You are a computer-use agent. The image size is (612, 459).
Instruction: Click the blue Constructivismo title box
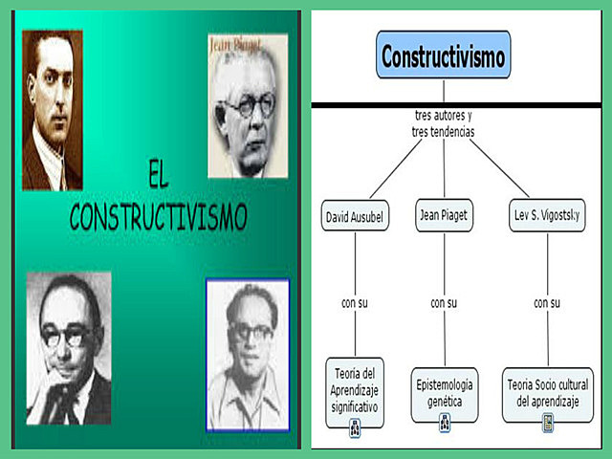point(443,55)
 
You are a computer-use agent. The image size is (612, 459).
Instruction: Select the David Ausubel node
point(355,216)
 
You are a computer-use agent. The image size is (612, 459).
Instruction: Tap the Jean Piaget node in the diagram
point(443,215)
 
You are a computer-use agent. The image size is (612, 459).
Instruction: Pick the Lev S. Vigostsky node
point(546,216)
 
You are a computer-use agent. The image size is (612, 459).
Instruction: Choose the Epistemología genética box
point(445,393)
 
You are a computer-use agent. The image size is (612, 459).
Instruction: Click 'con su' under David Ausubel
point(355,303)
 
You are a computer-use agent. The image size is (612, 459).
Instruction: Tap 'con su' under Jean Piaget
point(444,303)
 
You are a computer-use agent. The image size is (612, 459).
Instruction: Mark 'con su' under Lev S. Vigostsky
point(547,303)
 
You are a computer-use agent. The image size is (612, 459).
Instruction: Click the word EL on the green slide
point(159,175)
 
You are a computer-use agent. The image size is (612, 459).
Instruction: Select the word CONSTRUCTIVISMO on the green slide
point(159,217)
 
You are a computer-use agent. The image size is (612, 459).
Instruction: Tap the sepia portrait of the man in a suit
point(53,110)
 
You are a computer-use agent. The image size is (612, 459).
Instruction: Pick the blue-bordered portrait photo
point(248,355)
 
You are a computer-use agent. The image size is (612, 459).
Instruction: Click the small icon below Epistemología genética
point(445,424)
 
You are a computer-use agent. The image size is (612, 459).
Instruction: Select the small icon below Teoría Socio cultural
point(548,424)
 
